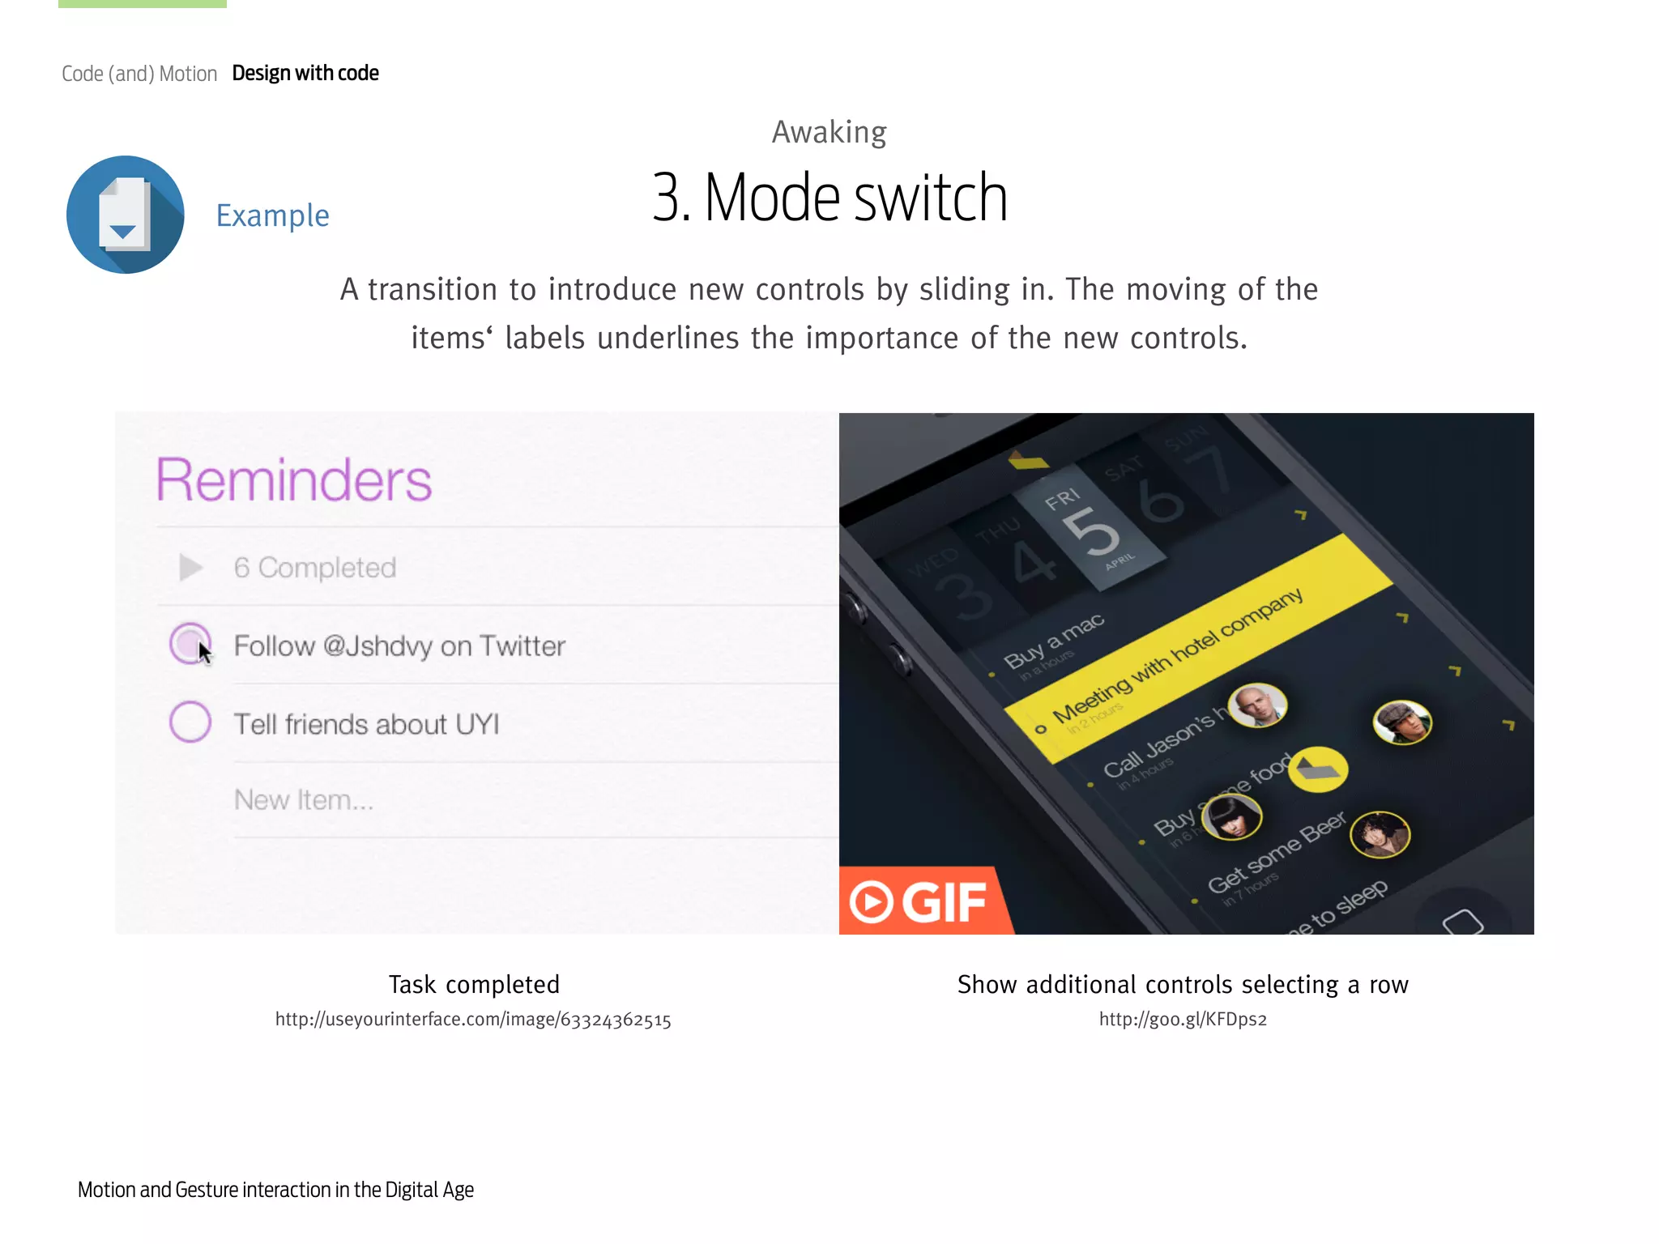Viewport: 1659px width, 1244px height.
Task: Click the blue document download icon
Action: [126, 215]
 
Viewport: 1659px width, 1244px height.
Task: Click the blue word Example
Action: [272, 215]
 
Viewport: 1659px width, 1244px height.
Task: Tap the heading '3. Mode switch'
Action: [829, 198]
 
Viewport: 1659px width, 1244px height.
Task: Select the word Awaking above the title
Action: [829, 132]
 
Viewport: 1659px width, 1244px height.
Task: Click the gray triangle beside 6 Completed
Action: [190, 568]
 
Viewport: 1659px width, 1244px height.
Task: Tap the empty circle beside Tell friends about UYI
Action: [190, 722]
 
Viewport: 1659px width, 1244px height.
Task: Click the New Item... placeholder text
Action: [304, 800]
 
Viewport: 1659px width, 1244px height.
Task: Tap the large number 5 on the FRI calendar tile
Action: [1091, 532]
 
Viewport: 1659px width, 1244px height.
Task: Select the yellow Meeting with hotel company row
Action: [1199, 648]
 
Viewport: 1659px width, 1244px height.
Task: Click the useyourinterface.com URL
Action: [473, 1020]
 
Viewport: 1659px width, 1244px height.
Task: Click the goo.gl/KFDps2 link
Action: [1183, 1020]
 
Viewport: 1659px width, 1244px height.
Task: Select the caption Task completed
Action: [474, 984]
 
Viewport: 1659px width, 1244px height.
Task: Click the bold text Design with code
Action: [305, 73]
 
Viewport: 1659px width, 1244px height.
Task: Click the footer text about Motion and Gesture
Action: [275, 1190]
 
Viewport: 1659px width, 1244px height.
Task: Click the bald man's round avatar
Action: [1257, 705]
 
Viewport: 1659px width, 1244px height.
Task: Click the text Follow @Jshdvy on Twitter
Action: [399, 646]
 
